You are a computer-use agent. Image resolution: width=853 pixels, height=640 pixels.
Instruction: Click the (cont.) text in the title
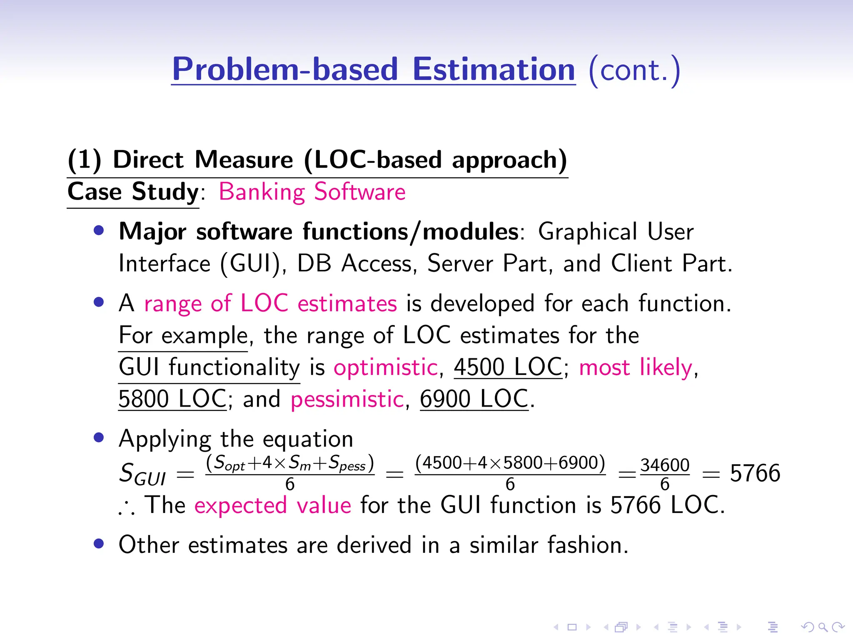634,70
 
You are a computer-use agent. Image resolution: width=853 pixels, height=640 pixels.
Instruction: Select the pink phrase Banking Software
312,192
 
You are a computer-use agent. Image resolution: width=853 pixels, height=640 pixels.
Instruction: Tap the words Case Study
133,192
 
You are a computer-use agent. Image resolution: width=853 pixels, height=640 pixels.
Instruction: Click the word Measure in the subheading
244,160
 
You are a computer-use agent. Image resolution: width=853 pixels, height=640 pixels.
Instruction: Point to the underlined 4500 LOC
508,367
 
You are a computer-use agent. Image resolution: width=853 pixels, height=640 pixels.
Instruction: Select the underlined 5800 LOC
172,399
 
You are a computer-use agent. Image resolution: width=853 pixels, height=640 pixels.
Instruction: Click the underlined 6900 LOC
474,399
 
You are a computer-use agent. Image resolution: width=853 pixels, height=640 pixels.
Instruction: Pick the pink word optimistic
386,367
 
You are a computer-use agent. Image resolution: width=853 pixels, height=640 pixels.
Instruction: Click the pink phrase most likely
636,367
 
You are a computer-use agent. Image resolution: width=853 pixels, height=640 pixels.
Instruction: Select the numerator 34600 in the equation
665,465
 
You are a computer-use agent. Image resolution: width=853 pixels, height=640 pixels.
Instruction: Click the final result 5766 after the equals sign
755,473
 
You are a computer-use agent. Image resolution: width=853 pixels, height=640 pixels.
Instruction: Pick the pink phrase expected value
273,505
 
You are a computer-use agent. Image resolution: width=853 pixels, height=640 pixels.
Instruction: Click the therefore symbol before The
127,507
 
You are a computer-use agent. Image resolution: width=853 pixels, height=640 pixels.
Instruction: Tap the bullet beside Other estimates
99,544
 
